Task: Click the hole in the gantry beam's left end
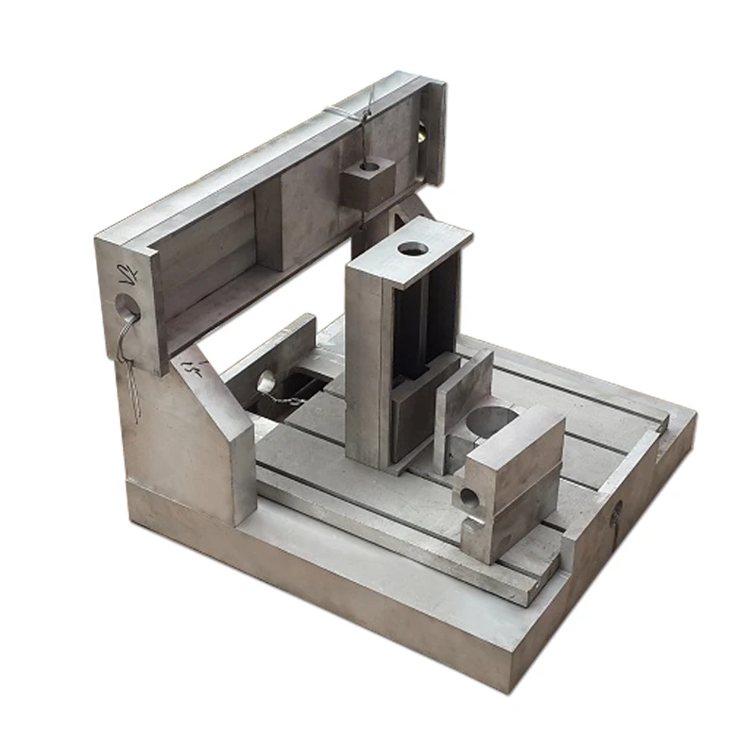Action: [125, 308]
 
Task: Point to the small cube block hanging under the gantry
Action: [367, 182]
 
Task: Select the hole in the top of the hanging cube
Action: [369, 166]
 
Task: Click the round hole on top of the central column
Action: [412, 249]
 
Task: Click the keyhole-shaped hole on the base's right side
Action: [616, 515]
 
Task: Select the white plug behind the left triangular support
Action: [266, 381]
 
